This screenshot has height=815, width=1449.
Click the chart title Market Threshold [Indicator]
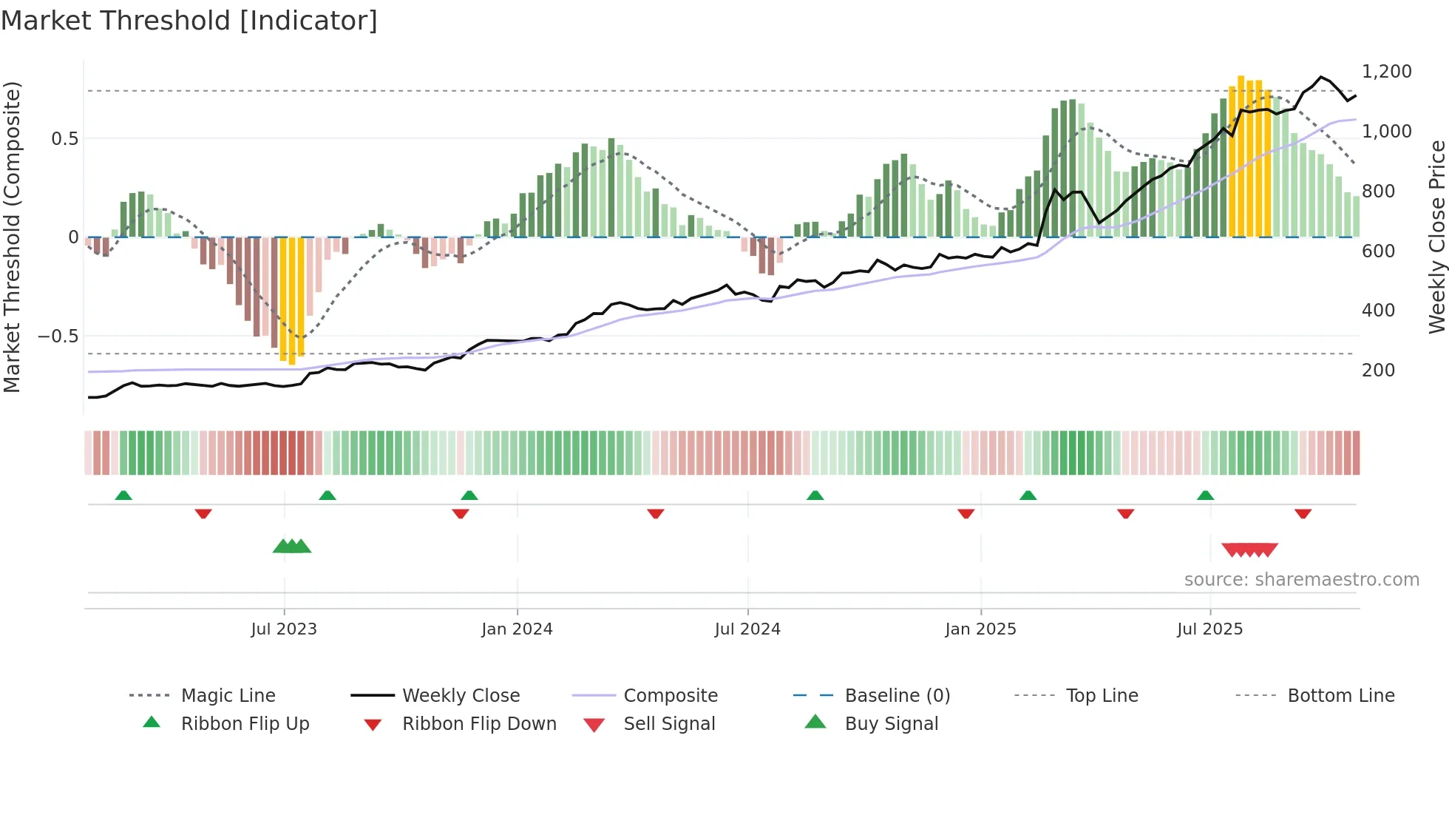(x=189, y=21)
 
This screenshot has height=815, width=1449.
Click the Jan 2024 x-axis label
(x=517, y=629)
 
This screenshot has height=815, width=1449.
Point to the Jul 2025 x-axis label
(x=1209, y=629)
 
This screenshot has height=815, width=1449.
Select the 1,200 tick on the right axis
(x=1386, y=72)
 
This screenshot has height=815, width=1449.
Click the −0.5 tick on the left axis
(x=58, y=336)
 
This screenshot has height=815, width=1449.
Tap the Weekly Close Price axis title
(x=1436, y=237)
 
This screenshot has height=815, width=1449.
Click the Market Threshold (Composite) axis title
(x=13, y=237)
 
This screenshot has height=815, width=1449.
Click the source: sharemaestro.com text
(x=1301, y=579)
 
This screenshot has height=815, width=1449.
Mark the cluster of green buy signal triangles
(x=292, y=547)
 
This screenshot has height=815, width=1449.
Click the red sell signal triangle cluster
(x=1249, y=549)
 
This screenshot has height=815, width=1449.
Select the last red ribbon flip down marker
(x=1303, y=513)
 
